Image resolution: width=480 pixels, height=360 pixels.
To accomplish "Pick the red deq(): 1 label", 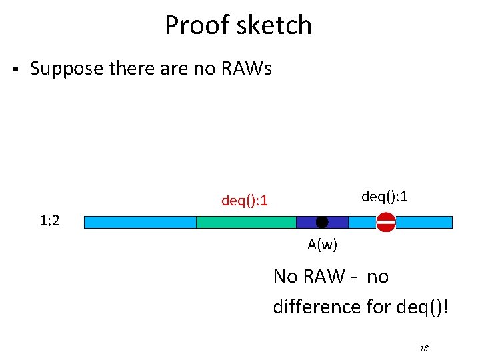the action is coord(245,200).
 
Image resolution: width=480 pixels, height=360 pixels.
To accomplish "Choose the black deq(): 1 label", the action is coord(385,197).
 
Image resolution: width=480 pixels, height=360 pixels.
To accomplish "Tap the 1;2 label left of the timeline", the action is coord(49,221).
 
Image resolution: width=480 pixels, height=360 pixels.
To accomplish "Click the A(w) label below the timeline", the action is coord(323,245).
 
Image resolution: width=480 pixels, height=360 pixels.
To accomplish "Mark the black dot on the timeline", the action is coord(322,222).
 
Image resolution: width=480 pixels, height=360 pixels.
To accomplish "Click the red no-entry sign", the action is coord(386,222).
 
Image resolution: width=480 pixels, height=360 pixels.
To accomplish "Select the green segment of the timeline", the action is coord(246,222).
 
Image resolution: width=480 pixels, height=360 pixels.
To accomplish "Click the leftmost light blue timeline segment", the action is coord(140,222).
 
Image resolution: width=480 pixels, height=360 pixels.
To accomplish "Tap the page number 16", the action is coord(423,348).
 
